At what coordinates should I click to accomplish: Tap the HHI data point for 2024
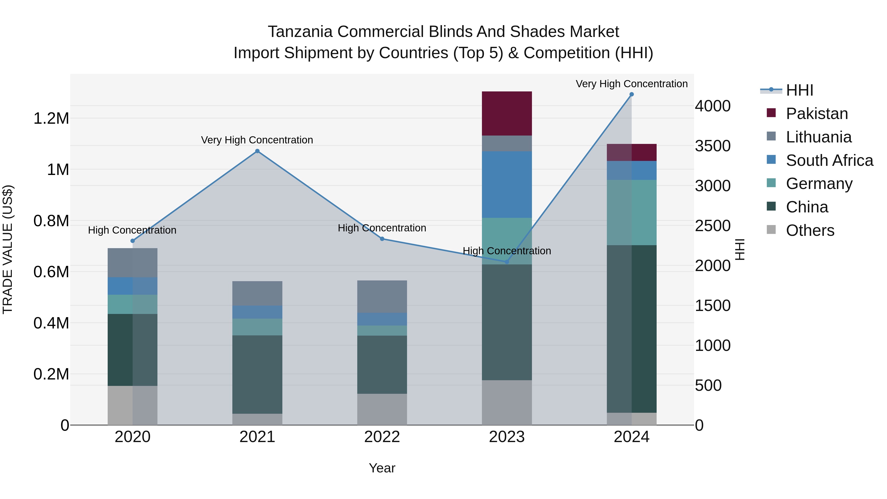click(x=631, y=94)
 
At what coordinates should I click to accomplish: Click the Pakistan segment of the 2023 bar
click(x=507, y=113)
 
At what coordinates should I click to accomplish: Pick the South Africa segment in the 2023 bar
click(x=507, y=185)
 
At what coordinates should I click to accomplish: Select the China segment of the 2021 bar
click(x=257, y=374)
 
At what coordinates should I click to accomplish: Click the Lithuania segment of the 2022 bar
click(x=382, y=296)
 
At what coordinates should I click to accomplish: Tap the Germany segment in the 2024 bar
click(x=631, y=212)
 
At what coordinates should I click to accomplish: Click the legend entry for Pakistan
click(x=817, y=114)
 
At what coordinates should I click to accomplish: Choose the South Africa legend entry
click(x=829, y=160)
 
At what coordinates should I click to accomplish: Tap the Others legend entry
click(x=810, y=230)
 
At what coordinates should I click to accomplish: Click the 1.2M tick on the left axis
click(x=51, y=119)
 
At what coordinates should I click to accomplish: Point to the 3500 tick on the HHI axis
click(x=712, y=146)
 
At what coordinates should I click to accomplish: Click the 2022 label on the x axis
click(x=382, y=437)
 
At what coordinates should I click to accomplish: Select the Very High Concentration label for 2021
click(x=257, y=140)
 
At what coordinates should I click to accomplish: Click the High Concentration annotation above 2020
click(x=132, y=230)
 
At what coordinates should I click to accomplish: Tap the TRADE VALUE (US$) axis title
click(x=8, y=249)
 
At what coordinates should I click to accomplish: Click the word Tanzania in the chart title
click(x=300, y=32)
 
